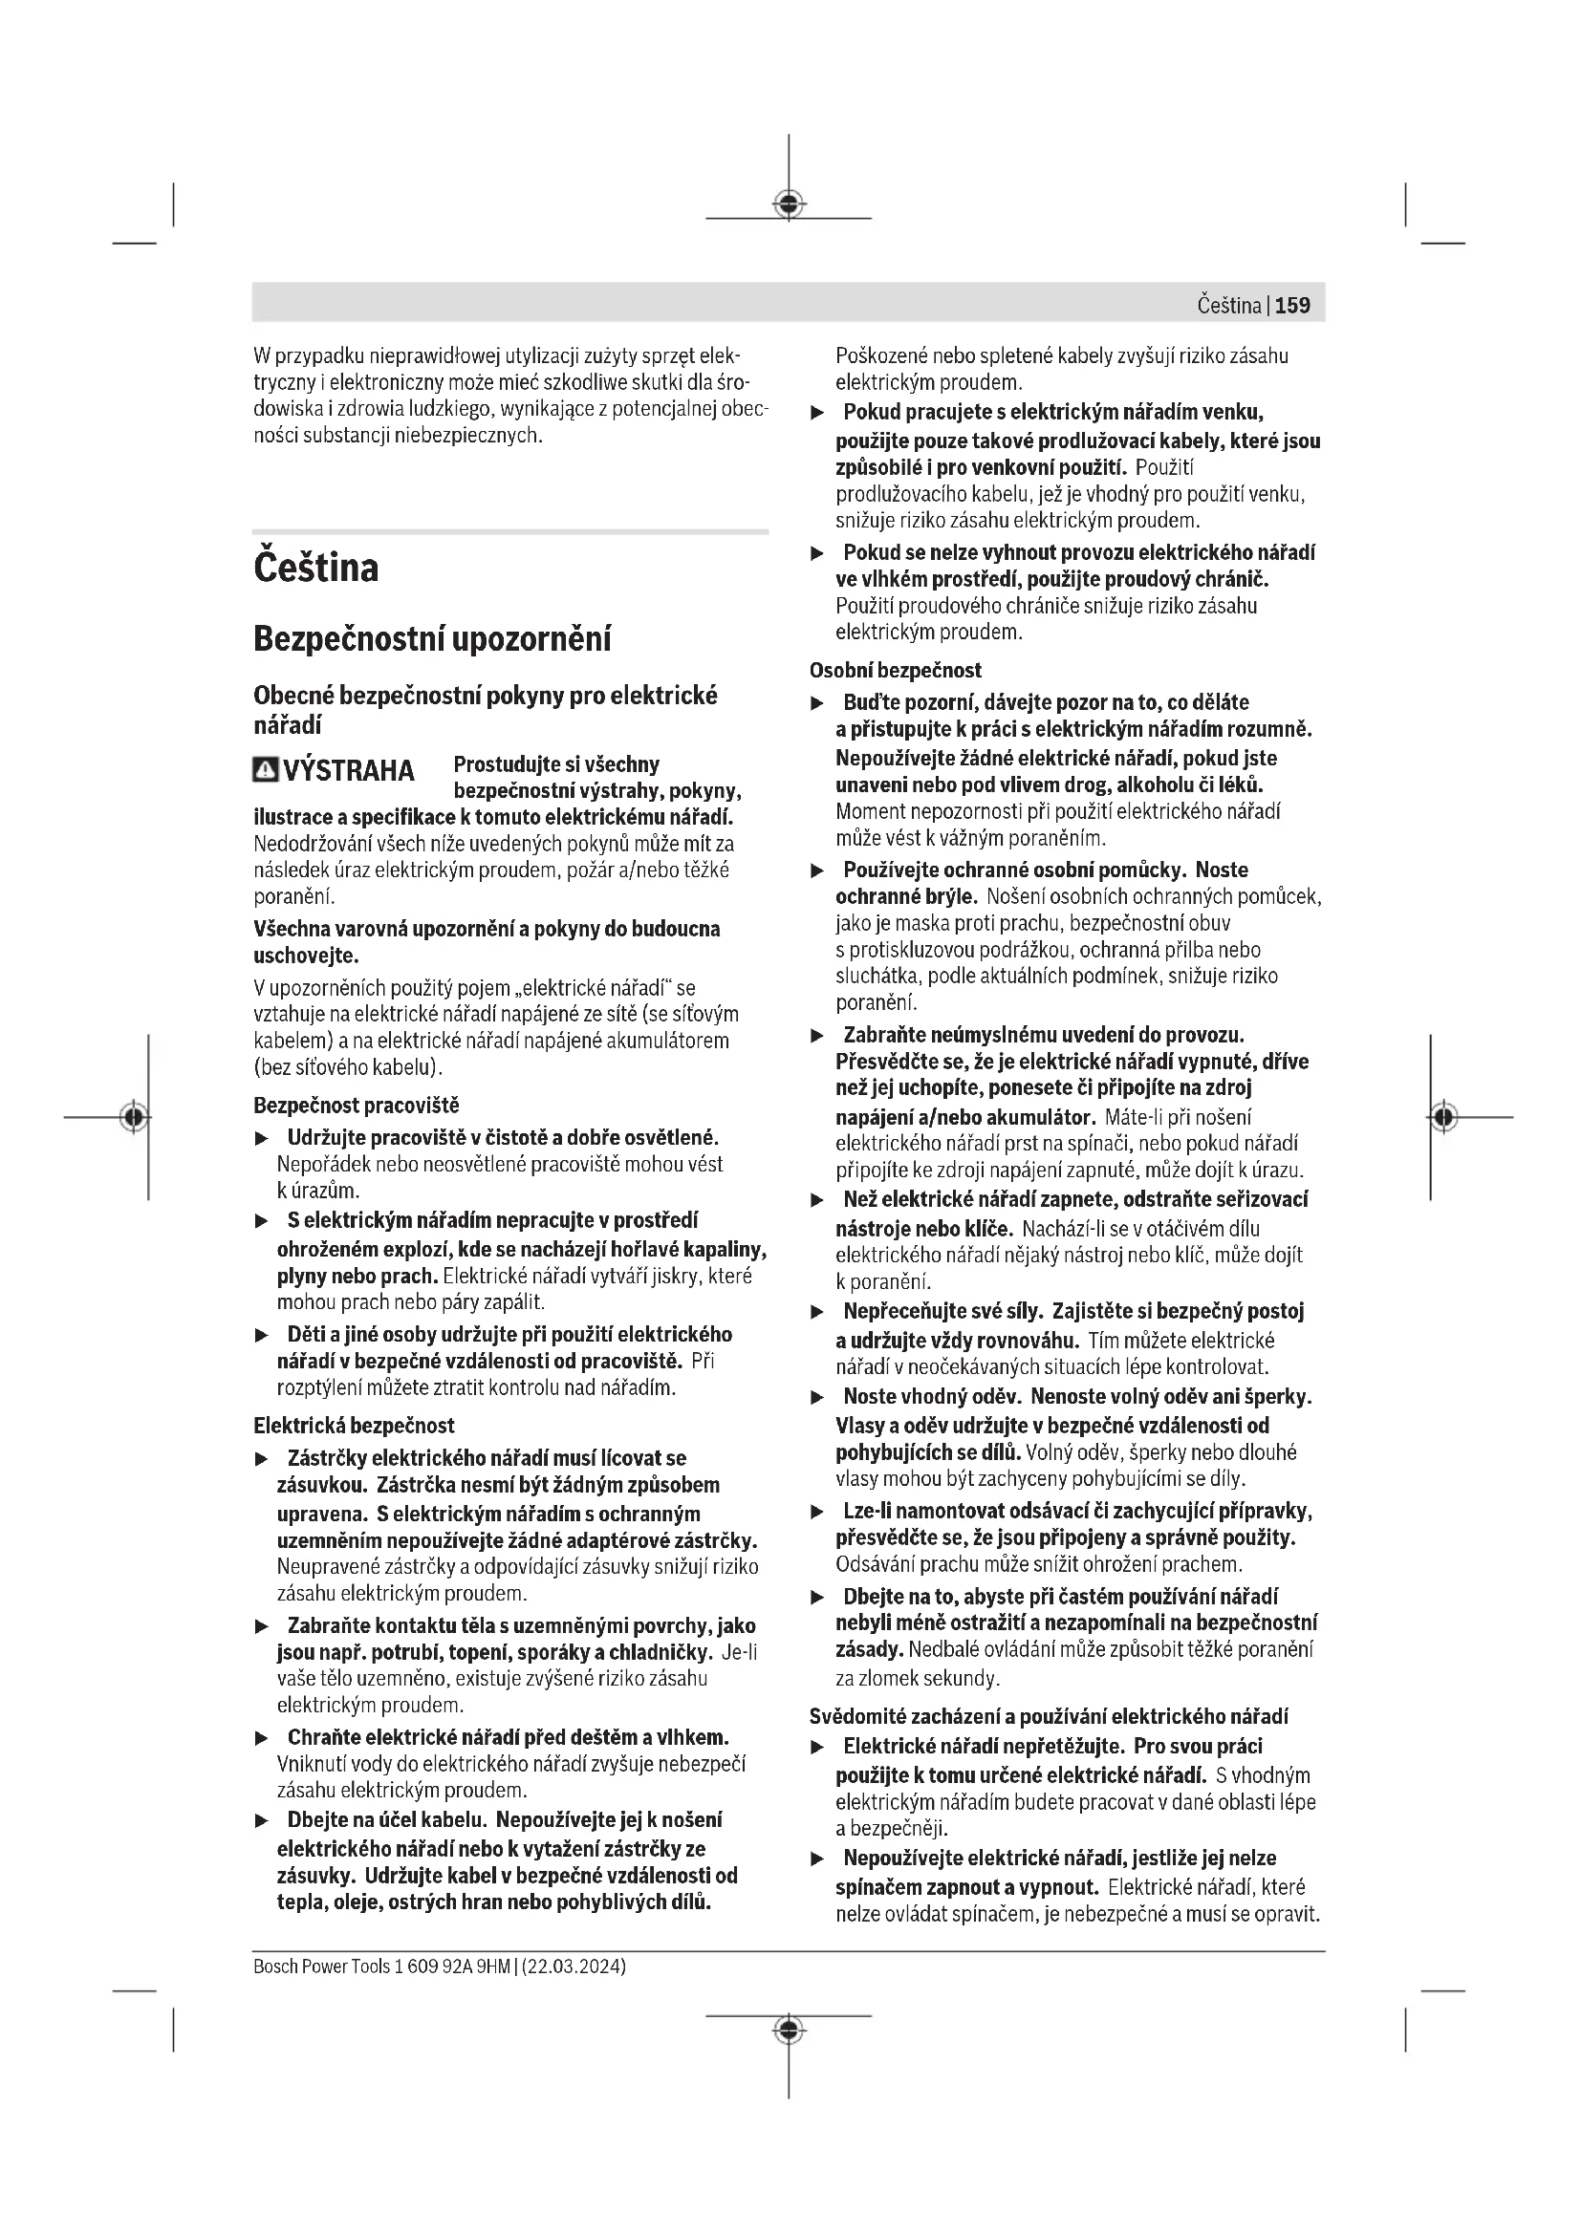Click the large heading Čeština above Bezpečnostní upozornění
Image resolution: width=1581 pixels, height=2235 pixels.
point(315,568)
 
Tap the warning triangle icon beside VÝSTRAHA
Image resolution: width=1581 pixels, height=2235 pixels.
point(264,770)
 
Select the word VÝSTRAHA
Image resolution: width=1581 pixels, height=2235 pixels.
point(349,771)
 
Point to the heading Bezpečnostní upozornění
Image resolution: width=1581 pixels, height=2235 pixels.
point(432,639)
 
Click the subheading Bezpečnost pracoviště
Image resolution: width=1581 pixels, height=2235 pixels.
point(357,1105)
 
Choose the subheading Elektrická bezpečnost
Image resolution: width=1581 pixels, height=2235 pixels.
point(354,1425)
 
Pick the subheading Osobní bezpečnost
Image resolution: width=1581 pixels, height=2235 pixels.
point(896,671)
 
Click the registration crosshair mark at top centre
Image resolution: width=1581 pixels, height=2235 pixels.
point(789,204)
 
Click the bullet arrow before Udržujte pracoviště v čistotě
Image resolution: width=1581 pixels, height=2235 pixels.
point(261,1138)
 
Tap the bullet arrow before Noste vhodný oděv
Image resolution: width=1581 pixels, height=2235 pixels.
point(818,1398)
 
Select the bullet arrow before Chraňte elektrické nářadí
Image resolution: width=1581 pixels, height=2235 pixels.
point(261,1737)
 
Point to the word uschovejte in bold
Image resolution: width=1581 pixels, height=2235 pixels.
point(306,956)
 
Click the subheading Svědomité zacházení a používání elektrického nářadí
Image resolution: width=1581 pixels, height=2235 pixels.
point(1049,1716)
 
